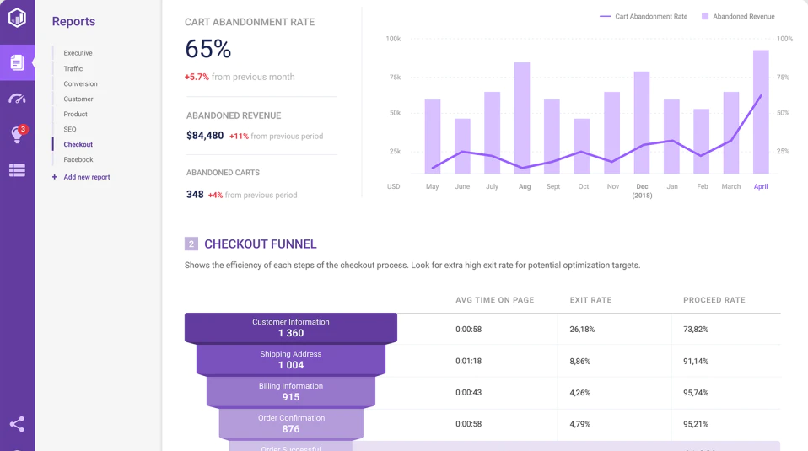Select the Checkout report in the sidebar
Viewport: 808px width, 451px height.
point(78,144)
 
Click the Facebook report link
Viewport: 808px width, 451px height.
point(78,159)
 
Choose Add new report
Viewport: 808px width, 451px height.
point(86,177)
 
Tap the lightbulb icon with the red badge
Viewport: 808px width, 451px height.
point(17,135)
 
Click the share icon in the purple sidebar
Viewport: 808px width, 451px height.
point(17,424)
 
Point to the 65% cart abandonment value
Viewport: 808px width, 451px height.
point(207,49)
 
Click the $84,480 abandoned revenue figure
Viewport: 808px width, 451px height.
point(205,136)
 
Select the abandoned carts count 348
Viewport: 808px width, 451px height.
point(195,195)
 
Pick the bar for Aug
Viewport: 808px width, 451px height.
point(522,118)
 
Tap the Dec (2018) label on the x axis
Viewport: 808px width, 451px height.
point(642,191)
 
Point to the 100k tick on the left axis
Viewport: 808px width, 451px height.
point(393,39)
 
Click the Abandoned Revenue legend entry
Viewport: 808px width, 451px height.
point(738,16)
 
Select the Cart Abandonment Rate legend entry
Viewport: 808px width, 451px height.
point(644,16)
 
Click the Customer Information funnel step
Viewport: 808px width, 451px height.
point(291,328)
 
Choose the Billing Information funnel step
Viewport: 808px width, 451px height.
point(291,392)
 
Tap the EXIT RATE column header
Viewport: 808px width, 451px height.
point(590,300)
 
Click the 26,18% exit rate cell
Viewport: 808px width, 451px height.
point(582,329)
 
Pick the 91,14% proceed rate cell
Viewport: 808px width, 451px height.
point(696,361)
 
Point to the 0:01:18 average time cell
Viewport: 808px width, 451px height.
point(468,361)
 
